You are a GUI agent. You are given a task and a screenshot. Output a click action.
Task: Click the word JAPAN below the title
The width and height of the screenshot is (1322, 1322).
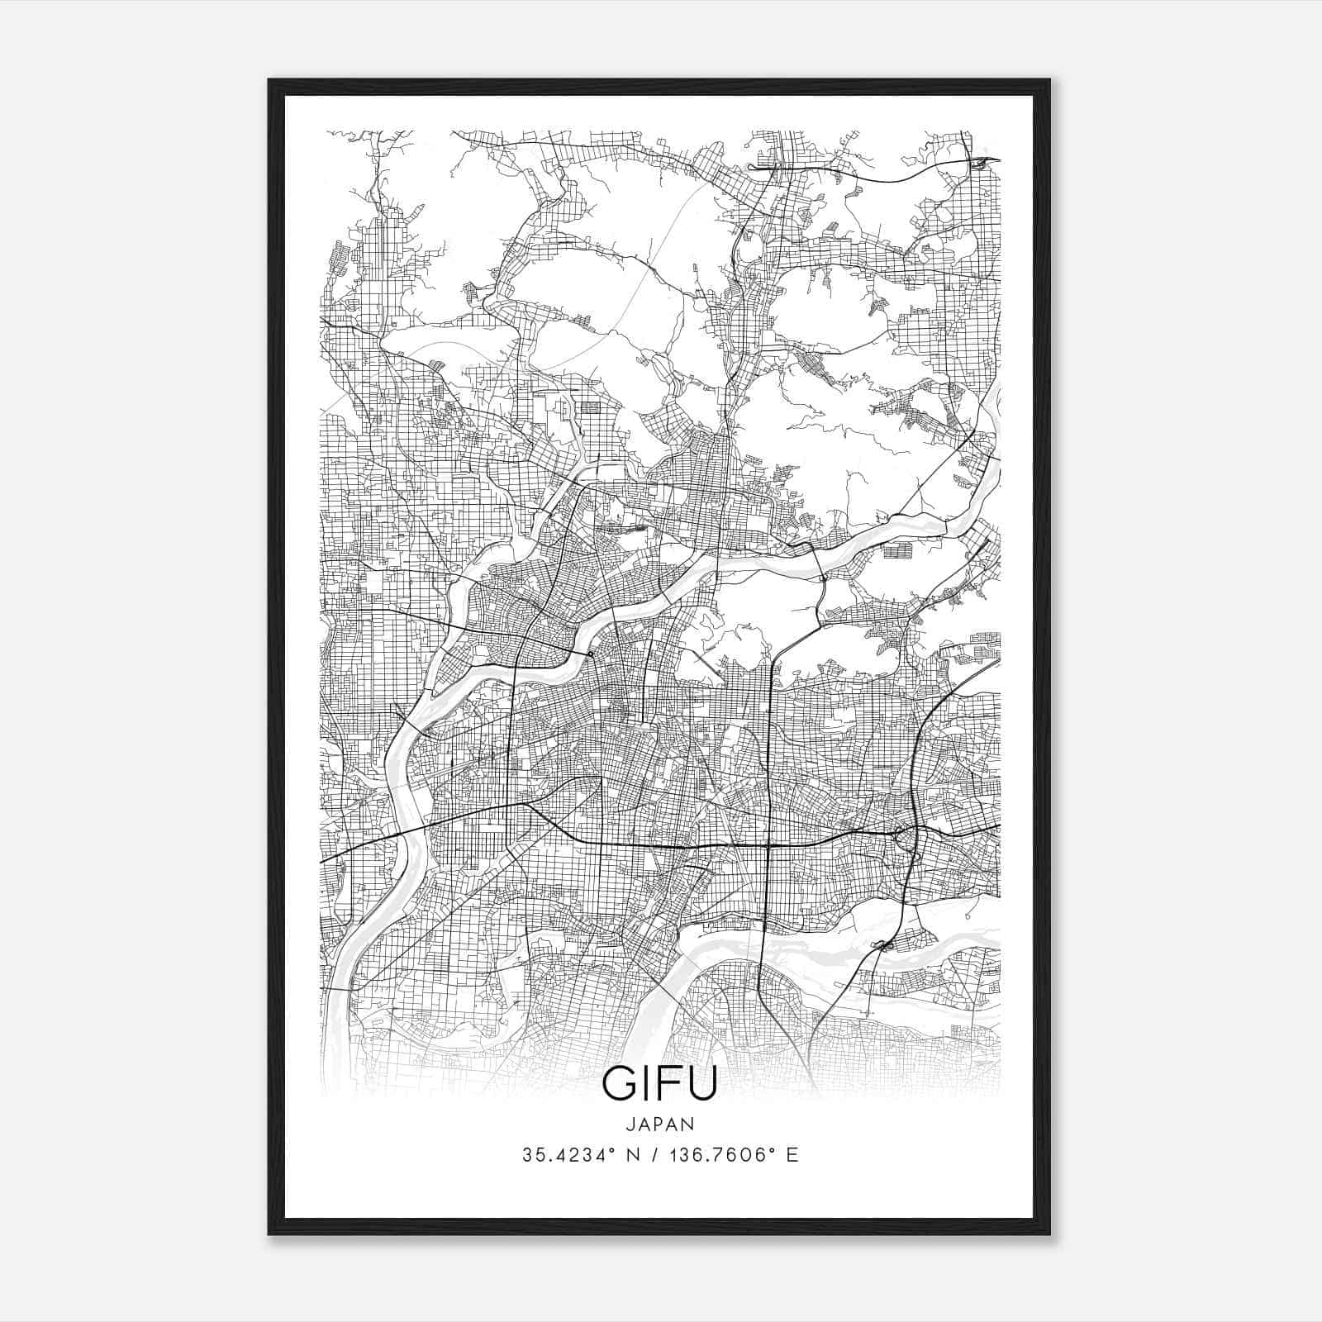coord(660,1124)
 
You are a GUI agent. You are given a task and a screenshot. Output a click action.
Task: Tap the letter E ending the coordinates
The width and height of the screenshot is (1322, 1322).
coord(792,1155)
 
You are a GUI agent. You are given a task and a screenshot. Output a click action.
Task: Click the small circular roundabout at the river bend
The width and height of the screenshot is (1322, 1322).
coord(591,655)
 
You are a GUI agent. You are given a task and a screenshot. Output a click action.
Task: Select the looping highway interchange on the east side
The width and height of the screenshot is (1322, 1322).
coord(906,836)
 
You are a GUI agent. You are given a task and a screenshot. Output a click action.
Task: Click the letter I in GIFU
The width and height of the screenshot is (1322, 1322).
coord(645,1084)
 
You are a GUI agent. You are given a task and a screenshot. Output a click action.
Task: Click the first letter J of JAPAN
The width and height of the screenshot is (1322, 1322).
coord(630,1124)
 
